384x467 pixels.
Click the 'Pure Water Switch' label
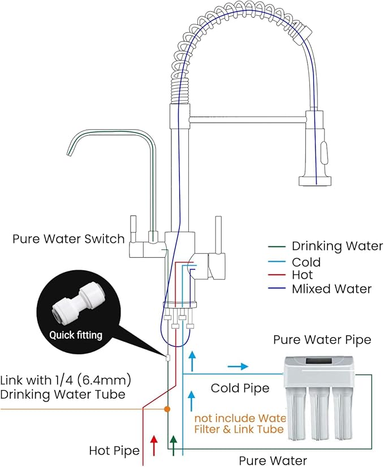pos(68,239)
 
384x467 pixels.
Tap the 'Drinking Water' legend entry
pos(337,246)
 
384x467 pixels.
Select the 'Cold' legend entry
pos(306,262)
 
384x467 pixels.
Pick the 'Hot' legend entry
pos(303,275)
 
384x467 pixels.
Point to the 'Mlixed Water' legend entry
pos(331,289)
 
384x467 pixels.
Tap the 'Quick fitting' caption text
pos(76,335)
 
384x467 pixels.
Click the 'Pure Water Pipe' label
pos(322,340)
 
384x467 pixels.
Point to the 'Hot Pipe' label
pos(114,451)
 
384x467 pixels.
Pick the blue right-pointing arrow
pos(238,366)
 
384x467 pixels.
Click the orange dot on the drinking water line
pos(167,408)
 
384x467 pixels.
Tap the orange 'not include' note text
pos(240,423)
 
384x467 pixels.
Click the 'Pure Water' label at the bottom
pos(273,460)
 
